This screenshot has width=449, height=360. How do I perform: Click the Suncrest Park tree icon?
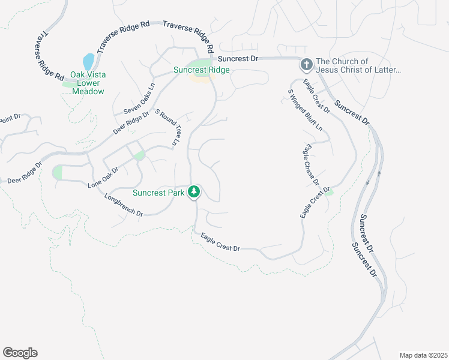coord(194,192)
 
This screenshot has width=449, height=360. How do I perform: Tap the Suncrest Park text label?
coord(158,193)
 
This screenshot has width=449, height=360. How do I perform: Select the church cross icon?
coord(306,64)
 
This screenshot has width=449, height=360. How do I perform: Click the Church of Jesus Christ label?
coord(358,66)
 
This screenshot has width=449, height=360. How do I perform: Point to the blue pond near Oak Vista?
coord(88,61)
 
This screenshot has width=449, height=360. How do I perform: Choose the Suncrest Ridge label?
coord(201,70)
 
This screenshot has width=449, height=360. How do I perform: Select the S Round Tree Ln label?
coord(167,127)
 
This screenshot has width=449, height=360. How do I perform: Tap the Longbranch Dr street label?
coord(123,205)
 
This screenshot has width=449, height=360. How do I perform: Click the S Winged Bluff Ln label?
coord(305,110)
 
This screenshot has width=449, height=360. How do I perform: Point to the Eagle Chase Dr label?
coord(312,164)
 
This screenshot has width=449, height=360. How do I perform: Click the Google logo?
coord(20,353)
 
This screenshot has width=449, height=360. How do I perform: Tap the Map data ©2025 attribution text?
coord(423,355)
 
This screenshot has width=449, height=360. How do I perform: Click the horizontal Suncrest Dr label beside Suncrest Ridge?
coord(238,59)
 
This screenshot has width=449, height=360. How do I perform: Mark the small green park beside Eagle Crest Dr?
coord(329,191)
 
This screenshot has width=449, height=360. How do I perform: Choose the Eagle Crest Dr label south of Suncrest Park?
coord(220,243)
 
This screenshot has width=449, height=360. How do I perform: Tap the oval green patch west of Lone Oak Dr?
coord(58,172)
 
